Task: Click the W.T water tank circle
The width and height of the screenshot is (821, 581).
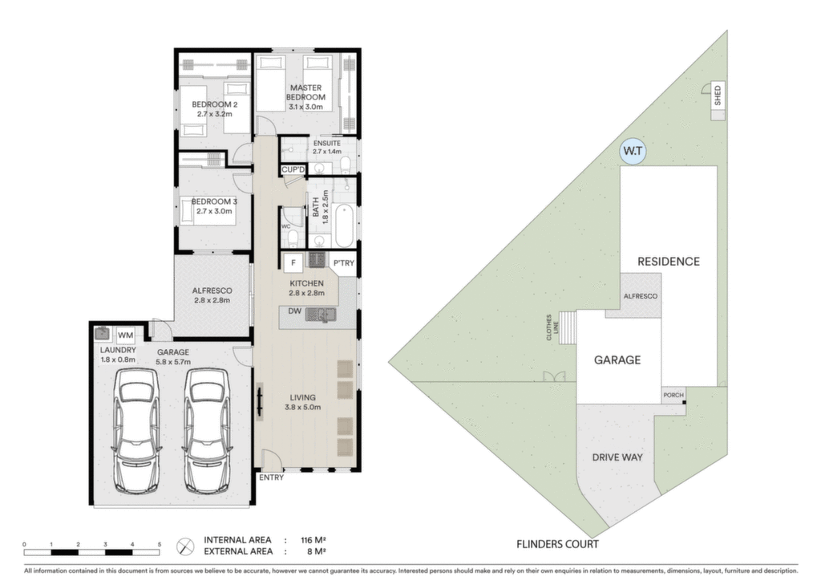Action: coord(633,152)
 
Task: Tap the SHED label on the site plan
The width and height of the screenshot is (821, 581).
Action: coord(718,95)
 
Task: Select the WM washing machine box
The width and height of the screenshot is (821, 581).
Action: coord(125,335)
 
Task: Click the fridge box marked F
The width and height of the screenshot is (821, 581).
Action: coord(293,263)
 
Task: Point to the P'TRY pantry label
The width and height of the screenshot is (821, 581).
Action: coord(343,263)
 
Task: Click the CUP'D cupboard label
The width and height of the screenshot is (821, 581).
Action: coord(293,169)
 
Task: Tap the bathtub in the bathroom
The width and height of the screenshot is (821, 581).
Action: coord(343,225)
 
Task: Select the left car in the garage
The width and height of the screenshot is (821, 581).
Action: coord(135,431)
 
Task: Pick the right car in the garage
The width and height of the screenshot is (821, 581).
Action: coord(206,431)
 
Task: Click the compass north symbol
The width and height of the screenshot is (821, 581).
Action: coord(185,546)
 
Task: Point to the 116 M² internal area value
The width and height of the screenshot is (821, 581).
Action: coord(313,540)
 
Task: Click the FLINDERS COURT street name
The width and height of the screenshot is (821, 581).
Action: coord(557,544)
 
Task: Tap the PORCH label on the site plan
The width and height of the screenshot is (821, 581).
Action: coord(673,395)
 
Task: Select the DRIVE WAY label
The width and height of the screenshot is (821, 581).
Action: coord(617,457)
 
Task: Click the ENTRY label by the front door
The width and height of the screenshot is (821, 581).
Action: coord(271,477)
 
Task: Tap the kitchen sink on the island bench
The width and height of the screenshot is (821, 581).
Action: coord(321,315)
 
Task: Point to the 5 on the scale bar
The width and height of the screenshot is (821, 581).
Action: coord(160,545)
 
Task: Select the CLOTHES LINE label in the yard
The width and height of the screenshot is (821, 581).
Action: coord(552,327)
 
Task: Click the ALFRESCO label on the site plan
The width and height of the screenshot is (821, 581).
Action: coord(640,297)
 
